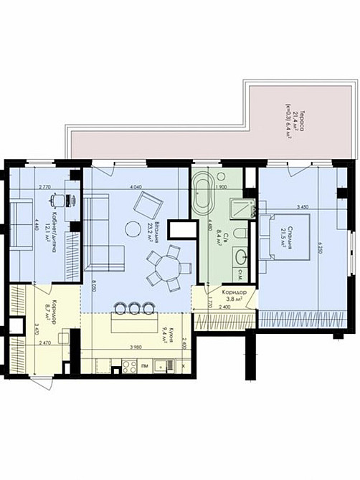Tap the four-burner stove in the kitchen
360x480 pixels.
coord(130,366)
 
